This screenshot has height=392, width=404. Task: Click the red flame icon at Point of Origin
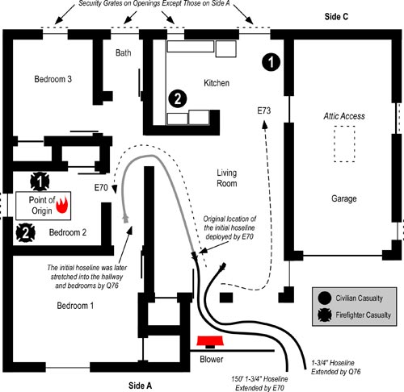pos(62,205)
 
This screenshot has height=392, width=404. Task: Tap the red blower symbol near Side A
pos(210,341)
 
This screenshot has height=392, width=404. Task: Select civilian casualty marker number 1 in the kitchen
pos(271,62)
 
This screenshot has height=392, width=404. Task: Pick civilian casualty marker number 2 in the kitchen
pos(178,98)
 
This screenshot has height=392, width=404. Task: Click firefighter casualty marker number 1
pos(40,181)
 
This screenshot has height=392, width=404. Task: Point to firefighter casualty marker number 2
pos(26,232)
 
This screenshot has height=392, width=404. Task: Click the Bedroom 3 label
pos(53,79)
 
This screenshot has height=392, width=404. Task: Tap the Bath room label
pos(124,52)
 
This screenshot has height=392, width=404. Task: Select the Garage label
pos(344,198)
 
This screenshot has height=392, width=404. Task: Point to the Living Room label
pos(227,178)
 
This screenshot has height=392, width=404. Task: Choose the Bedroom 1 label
pos(75,306)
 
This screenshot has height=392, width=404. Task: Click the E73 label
pos(264,111)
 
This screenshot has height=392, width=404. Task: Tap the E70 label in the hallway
pos(101,187)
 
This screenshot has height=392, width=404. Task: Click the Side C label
pos(336,17)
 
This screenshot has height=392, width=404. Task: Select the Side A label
pos(140,386)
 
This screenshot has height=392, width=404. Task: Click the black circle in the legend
pos(325,298)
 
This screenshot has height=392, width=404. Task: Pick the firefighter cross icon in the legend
pos(325,315)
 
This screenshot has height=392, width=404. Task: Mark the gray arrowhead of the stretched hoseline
pos(125,218)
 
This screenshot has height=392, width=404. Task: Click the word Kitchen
pos(217,83)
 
